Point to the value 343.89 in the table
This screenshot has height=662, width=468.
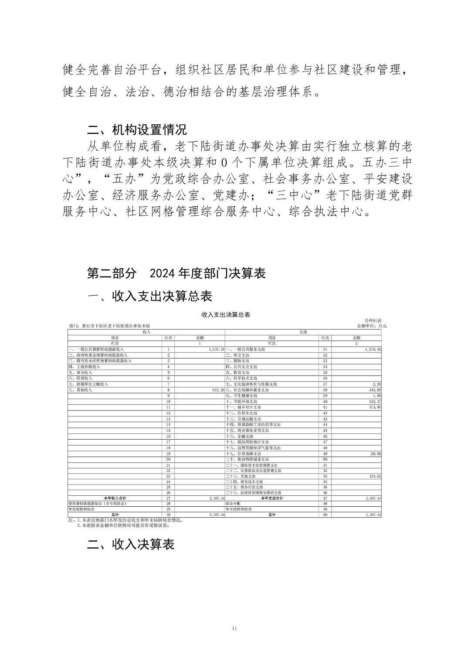(374, 390)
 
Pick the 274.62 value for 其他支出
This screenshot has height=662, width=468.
(374, 476)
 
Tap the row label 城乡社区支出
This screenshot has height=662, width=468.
(242, 407)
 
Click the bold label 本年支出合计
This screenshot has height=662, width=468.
(272, 498)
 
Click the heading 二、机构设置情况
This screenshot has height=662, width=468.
(137, 130)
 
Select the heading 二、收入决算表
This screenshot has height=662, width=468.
(131, 544)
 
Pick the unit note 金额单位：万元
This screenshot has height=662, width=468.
(372, 326)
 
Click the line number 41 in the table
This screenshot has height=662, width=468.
(325, 407)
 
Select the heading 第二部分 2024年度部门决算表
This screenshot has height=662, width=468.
(176, 273)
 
